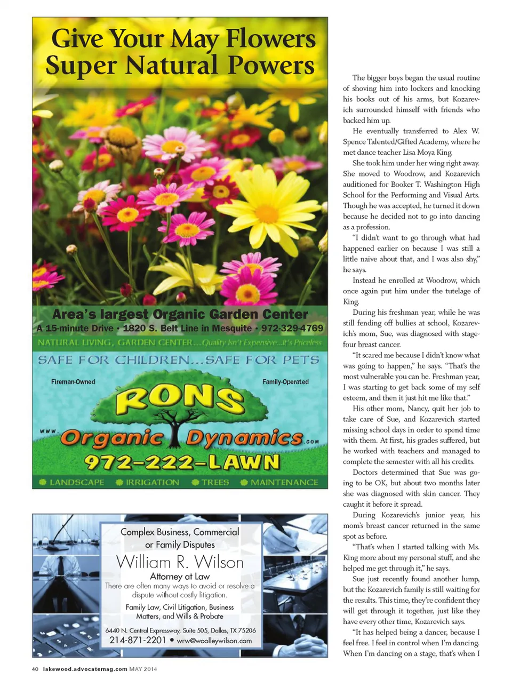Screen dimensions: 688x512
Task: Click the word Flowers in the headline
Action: coord(270,39)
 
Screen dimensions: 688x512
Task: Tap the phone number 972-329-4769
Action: coord(292,328)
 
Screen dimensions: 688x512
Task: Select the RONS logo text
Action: coord(180,398)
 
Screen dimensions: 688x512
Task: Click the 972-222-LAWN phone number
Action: coord(181,462)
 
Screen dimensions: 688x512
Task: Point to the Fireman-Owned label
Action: coord(73,382)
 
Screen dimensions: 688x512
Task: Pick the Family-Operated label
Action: coord(285,382)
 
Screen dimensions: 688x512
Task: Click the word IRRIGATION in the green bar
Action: coord(152,482)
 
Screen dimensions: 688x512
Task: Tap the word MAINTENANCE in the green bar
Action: coord(284,482)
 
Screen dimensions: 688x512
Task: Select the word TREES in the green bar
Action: coord(215,482)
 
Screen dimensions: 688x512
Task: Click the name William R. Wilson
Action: coord(180,562)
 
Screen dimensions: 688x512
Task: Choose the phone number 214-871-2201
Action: coord(138,640)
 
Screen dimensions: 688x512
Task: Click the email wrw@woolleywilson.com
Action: coord(214,641)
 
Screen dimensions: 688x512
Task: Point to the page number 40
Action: coord(35,669)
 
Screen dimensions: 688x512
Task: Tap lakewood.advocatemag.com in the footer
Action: coord(85,669)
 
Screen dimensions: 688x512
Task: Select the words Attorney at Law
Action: coord(180,576)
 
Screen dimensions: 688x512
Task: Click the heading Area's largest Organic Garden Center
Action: coord(180,314)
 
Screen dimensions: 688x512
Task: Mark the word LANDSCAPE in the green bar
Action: coord(77,482)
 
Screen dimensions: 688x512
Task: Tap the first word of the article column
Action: coord(358,78)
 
